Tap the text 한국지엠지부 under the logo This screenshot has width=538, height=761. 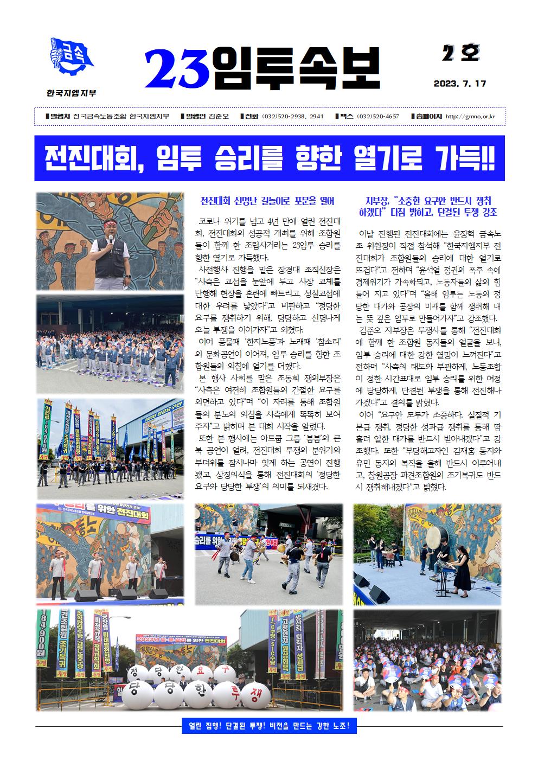pyautogui.click(x=72, y=93)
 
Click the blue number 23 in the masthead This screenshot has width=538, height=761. pyautogui.click(x=177, y=69)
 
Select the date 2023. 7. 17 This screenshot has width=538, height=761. pyautogui.click(x=460, y=84)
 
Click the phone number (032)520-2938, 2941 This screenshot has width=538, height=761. pyautogui.click(x=292, y=117)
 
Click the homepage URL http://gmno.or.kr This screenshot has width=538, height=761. pyautogui.click(x=470, y=117)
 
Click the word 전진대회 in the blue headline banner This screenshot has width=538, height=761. pyautogui.click(x=90, y=158)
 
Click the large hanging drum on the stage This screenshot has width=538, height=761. pyautogui.click(x=434, y=537)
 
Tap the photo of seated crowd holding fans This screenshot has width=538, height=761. pyautogui.click(x=428, y=660)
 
